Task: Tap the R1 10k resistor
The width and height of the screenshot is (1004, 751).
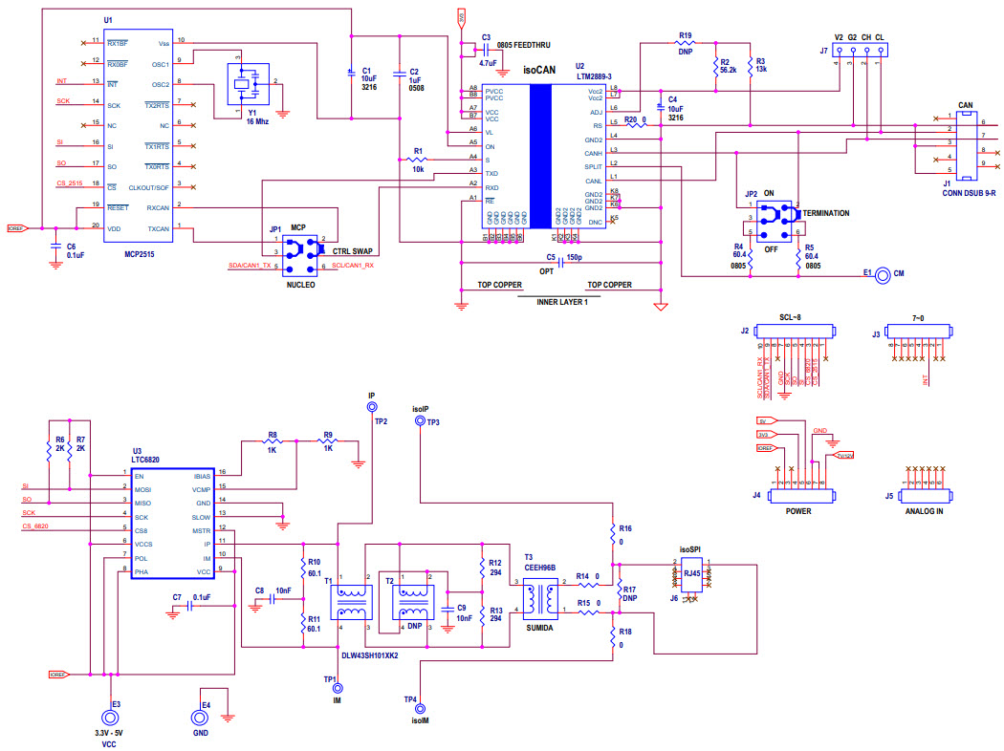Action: (x=418, y=159)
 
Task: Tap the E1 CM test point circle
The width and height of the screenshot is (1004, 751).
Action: (x=883, y=274)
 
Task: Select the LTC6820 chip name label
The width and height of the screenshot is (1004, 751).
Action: (x=145, y=460)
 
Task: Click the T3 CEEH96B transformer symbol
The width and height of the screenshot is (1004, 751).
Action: (x=546, y=597)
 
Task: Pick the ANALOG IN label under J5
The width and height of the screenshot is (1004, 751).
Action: (x=925, y=511)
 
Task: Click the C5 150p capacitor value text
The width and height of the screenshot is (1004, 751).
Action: (x=574, y=257)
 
